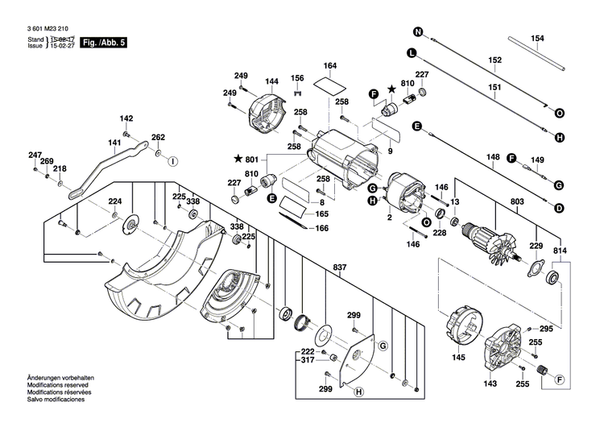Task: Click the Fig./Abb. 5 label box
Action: [x=106, y=41]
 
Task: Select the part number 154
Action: [x=538, y=39]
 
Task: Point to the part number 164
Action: [x=330, y=65]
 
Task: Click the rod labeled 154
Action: [x=537, y=50]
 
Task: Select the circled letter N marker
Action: [x=418, y=32]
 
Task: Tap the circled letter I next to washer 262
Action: [x=172, y=160]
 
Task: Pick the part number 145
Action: [x=460, y=357]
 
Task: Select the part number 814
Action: [x=559, y=251]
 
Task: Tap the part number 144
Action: [x=271, y=81]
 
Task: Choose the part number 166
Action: [x=321, y=230]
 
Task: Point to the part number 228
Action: [x=439, y=233]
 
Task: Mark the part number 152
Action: [x=495, y=60]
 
